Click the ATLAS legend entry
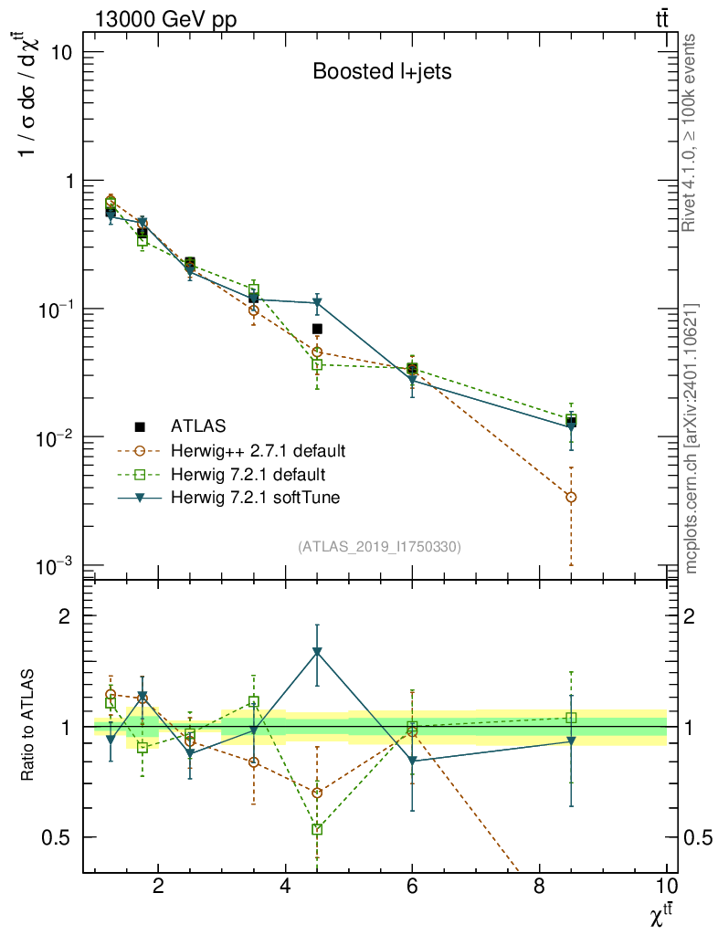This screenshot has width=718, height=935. point(195,426)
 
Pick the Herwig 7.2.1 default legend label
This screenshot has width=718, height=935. point(248,474)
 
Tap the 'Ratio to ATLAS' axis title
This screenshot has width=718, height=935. point(30,726)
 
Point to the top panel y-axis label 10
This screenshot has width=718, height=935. point(60,52)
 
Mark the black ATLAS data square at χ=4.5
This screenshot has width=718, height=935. point(317,329)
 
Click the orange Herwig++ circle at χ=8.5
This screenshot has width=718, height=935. point(571,497)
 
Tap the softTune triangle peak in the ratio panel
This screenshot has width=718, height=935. point(317,652)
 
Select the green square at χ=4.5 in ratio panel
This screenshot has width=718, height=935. point(317,829)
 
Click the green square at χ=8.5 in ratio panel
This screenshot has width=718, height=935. point(571,718)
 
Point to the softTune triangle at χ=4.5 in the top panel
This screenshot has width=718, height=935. point(317,302)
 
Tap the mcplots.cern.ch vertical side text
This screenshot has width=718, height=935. point(691,438)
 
